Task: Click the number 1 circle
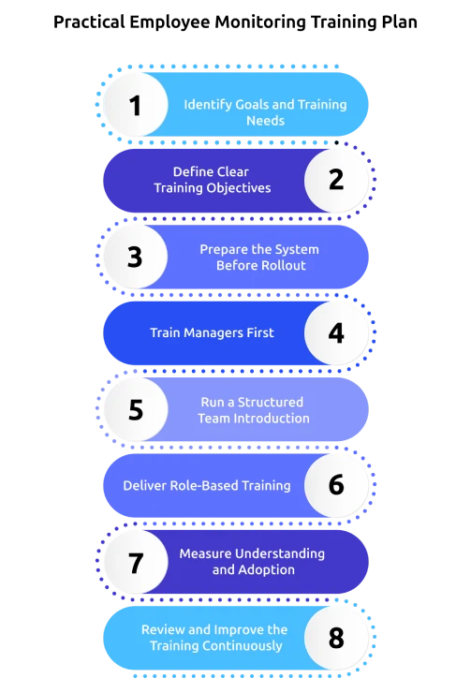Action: [x=135, y=105]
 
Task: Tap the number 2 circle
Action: [x=336, y=180]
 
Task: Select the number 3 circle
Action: [x=135, y=257]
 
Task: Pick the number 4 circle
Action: [x=336, y=333]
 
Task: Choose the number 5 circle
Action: [x=135, y=410]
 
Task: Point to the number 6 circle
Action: [x=336, y=486]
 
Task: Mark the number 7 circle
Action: [x=135, y=563]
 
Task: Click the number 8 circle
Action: [x=336, y=639]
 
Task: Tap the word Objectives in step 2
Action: [x=240, y=188]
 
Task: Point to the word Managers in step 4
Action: [x=215, y=332]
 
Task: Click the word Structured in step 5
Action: [x=271, y=402]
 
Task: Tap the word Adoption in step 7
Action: [x=267, y=569]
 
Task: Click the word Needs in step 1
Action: [x=265, y=121]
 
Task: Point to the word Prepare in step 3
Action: [x=223, y=249]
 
